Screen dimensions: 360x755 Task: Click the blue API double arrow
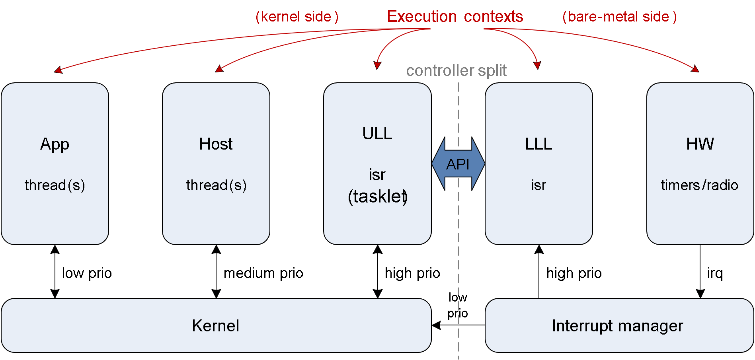point(458,164)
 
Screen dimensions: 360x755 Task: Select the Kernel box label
point(215,326)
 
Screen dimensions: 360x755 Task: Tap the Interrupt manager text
point(617,326)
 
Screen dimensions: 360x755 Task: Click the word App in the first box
point(55,144)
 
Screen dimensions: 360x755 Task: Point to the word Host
point(216,144)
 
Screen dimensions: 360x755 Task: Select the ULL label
point(377,134)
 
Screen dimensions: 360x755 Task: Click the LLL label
point(538,144)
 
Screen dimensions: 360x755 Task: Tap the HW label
point(700,144)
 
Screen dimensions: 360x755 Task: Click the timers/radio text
point(699,185)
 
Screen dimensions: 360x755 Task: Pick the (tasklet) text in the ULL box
point(377,197)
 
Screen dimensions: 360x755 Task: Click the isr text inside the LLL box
point(538,185)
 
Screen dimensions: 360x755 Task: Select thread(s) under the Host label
point(216,185)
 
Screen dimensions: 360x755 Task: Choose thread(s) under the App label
point(55,185)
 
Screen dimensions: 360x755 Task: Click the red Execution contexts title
point(455,17)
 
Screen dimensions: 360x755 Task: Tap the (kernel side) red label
point(297,17)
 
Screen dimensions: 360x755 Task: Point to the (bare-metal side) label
point(619,17)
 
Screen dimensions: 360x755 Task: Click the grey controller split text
point(456,71)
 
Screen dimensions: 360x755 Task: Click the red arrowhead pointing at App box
point(58,70)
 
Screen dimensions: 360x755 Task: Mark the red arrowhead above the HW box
point(695,69)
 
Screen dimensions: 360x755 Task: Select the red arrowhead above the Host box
point(219,69)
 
